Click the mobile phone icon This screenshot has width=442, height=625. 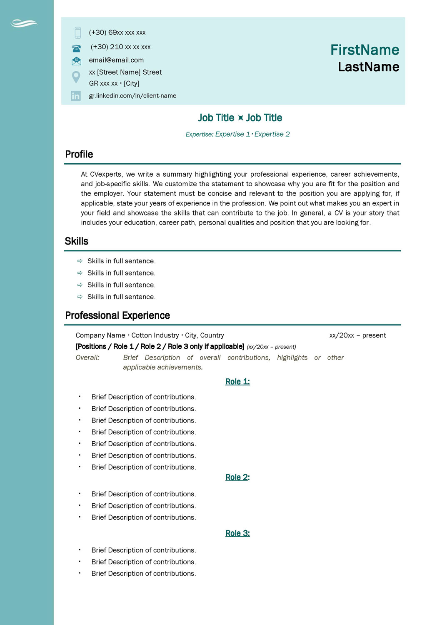pos(77,32)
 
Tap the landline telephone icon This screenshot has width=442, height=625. pos(76,48)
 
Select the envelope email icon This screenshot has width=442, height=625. pos(76,61)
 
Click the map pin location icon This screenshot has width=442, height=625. pos(76,77)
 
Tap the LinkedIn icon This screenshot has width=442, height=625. pos(76,96)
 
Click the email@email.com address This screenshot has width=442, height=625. pos(116,60)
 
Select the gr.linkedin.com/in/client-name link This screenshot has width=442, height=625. pos(132,96)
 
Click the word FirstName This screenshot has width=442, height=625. pos(365,50)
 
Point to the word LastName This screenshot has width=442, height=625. pos(368,67)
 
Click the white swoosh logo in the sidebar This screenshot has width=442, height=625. pos(24,23)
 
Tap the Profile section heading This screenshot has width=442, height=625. pos(79,155)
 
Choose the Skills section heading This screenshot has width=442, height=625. pos(77,241)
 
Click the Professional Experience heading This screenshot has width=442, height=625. pos(117,315)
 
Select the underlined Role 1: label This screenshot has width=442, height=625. pos(237,382)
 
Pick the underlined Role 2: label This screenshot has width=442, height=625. pos(237,477)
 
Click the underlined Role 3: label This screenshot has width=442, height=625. pos(237,533)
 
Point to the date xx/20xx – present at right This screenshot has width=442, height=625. pos(357,335)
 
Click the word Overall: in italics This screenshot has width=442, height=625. pos(87,357)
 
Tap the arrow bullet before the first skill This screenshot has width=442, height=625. pos(80,261)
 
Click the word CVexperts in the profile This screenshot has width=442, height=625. pos(106,174)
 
